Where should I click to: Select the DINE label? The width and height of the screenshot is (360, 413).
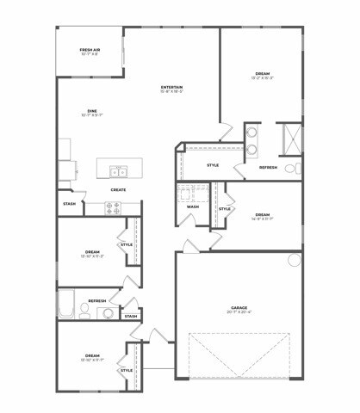pyautogui.click(x=91, y=110)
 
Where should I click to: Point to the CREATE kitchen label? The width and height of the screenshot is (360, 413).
pyautogui.click(x=119, y=189)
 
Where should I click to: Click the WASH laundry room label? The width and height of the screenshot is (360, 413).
pyautogui.click(x=192, y=206)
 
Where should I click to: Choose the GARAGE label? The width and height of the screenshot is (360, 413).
pyautogui.click(x=239, y=307)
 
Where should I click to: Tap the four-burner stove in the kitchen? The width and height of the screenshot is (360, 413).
pyautogui.click(x=114, y=206)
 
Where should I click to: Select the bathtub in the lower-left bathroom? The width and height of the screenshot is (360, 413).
pyautogui.click(x=66, y=304)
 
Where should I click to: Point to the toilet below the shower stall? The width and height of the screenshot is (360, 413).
pyautogui.click(x=291, y=165)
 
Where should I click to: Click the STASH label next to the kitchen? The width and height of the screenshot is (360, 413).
pyautogui.click(x=69, y=204)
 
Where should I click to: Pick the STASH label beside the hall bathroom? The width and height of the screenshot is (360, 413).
pyautogui.click(x=130, y=317)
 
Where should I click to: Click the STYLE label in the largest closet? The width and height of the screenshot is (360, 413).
pyautogui.click(x=213, y=164)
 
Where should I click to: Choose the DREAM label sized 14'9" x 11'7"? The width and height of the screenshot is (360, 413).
pyautogui.click(x=262, y=215)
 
